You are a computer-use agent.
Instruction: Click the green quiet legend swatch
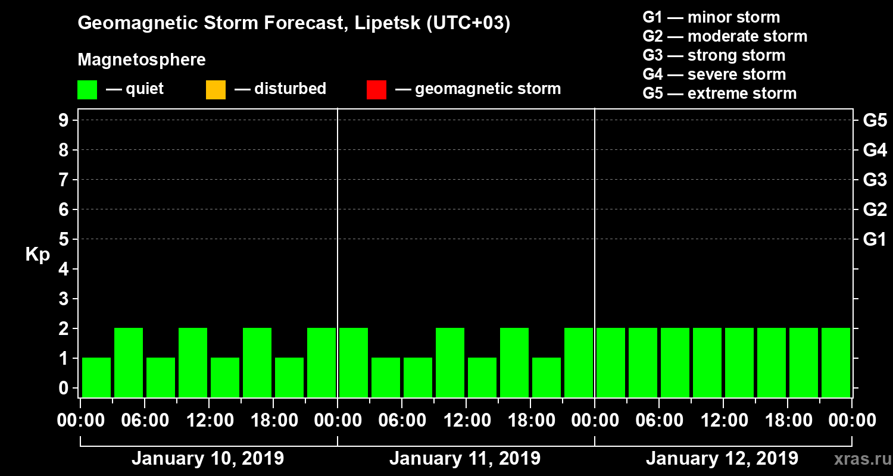(87, 89)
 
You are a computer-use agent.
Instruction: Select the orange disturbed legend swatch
(216, 89)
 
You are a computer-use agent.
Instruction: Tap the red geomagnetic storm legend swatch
(376, 89)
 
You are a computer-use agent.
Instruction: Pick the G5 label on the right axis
(875, 121)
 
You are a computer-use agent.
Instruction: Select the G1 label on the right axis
(875, 240)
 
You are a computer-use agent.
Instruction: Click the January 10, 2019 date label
(207, 459)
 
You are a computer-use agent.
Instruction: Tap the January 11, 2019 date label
(465, 459)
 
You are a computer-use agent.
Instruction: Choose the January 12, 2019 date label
(722, 459)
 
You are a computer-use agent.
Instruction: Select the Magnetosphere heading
(142, 60)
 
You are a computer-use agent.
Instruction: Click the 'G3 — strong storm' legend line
(714, 55)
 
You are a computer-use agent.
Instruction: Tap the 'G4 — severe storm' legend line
(714, 74)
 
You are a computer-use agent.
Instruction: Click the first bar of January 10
(96, 377)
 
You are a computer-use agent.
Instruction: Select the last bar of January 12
(836, 362)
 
